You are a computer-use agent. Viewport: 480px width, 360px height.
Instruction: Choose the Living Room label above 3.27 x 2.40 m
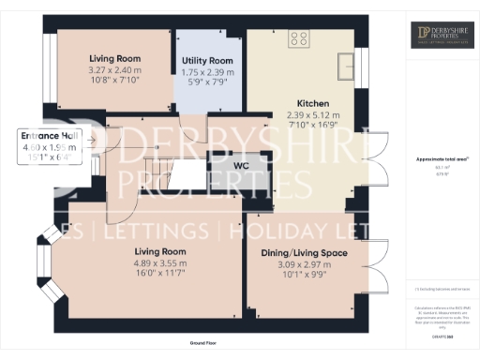[113, 57]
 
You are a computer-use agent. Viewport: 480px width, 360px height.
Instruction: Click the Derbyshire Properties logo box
[441, 35]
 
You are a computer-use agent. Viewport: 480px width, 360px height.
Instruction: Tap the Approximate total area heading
[441, 159]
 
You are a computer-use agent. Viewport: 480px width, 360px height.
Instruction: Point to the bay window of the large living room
[45, 267]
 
